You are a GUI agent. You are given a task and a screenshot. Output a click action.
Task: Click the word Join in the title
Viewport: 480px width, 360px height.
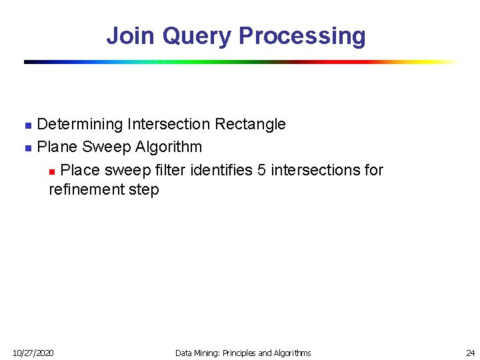click(x=131, y=35)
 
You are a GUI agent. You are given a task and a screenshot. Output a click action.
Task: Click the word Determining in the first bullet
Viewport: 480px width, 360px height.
click(x=80, y=124)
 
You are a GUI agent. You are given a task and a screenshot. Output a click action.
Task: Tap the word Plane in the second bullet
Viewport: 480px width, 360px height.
click(x=57, y=147)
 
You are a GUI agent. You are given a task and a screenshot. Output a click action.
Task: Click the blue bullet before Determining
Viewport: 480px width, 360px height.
click(x=27, y=125)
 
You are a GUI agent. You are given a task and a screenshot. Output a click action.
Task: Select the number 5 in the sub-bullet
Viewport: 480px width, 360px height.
click(x=262, y=170)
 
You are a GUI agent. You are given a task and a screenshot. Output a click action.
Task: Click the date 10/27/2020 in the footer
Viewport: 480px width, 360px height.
click(x=33, y=353)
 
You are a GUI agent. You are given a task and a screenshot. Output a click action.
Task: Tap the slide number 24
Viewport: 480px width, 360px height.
click(x=470, y=353)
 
